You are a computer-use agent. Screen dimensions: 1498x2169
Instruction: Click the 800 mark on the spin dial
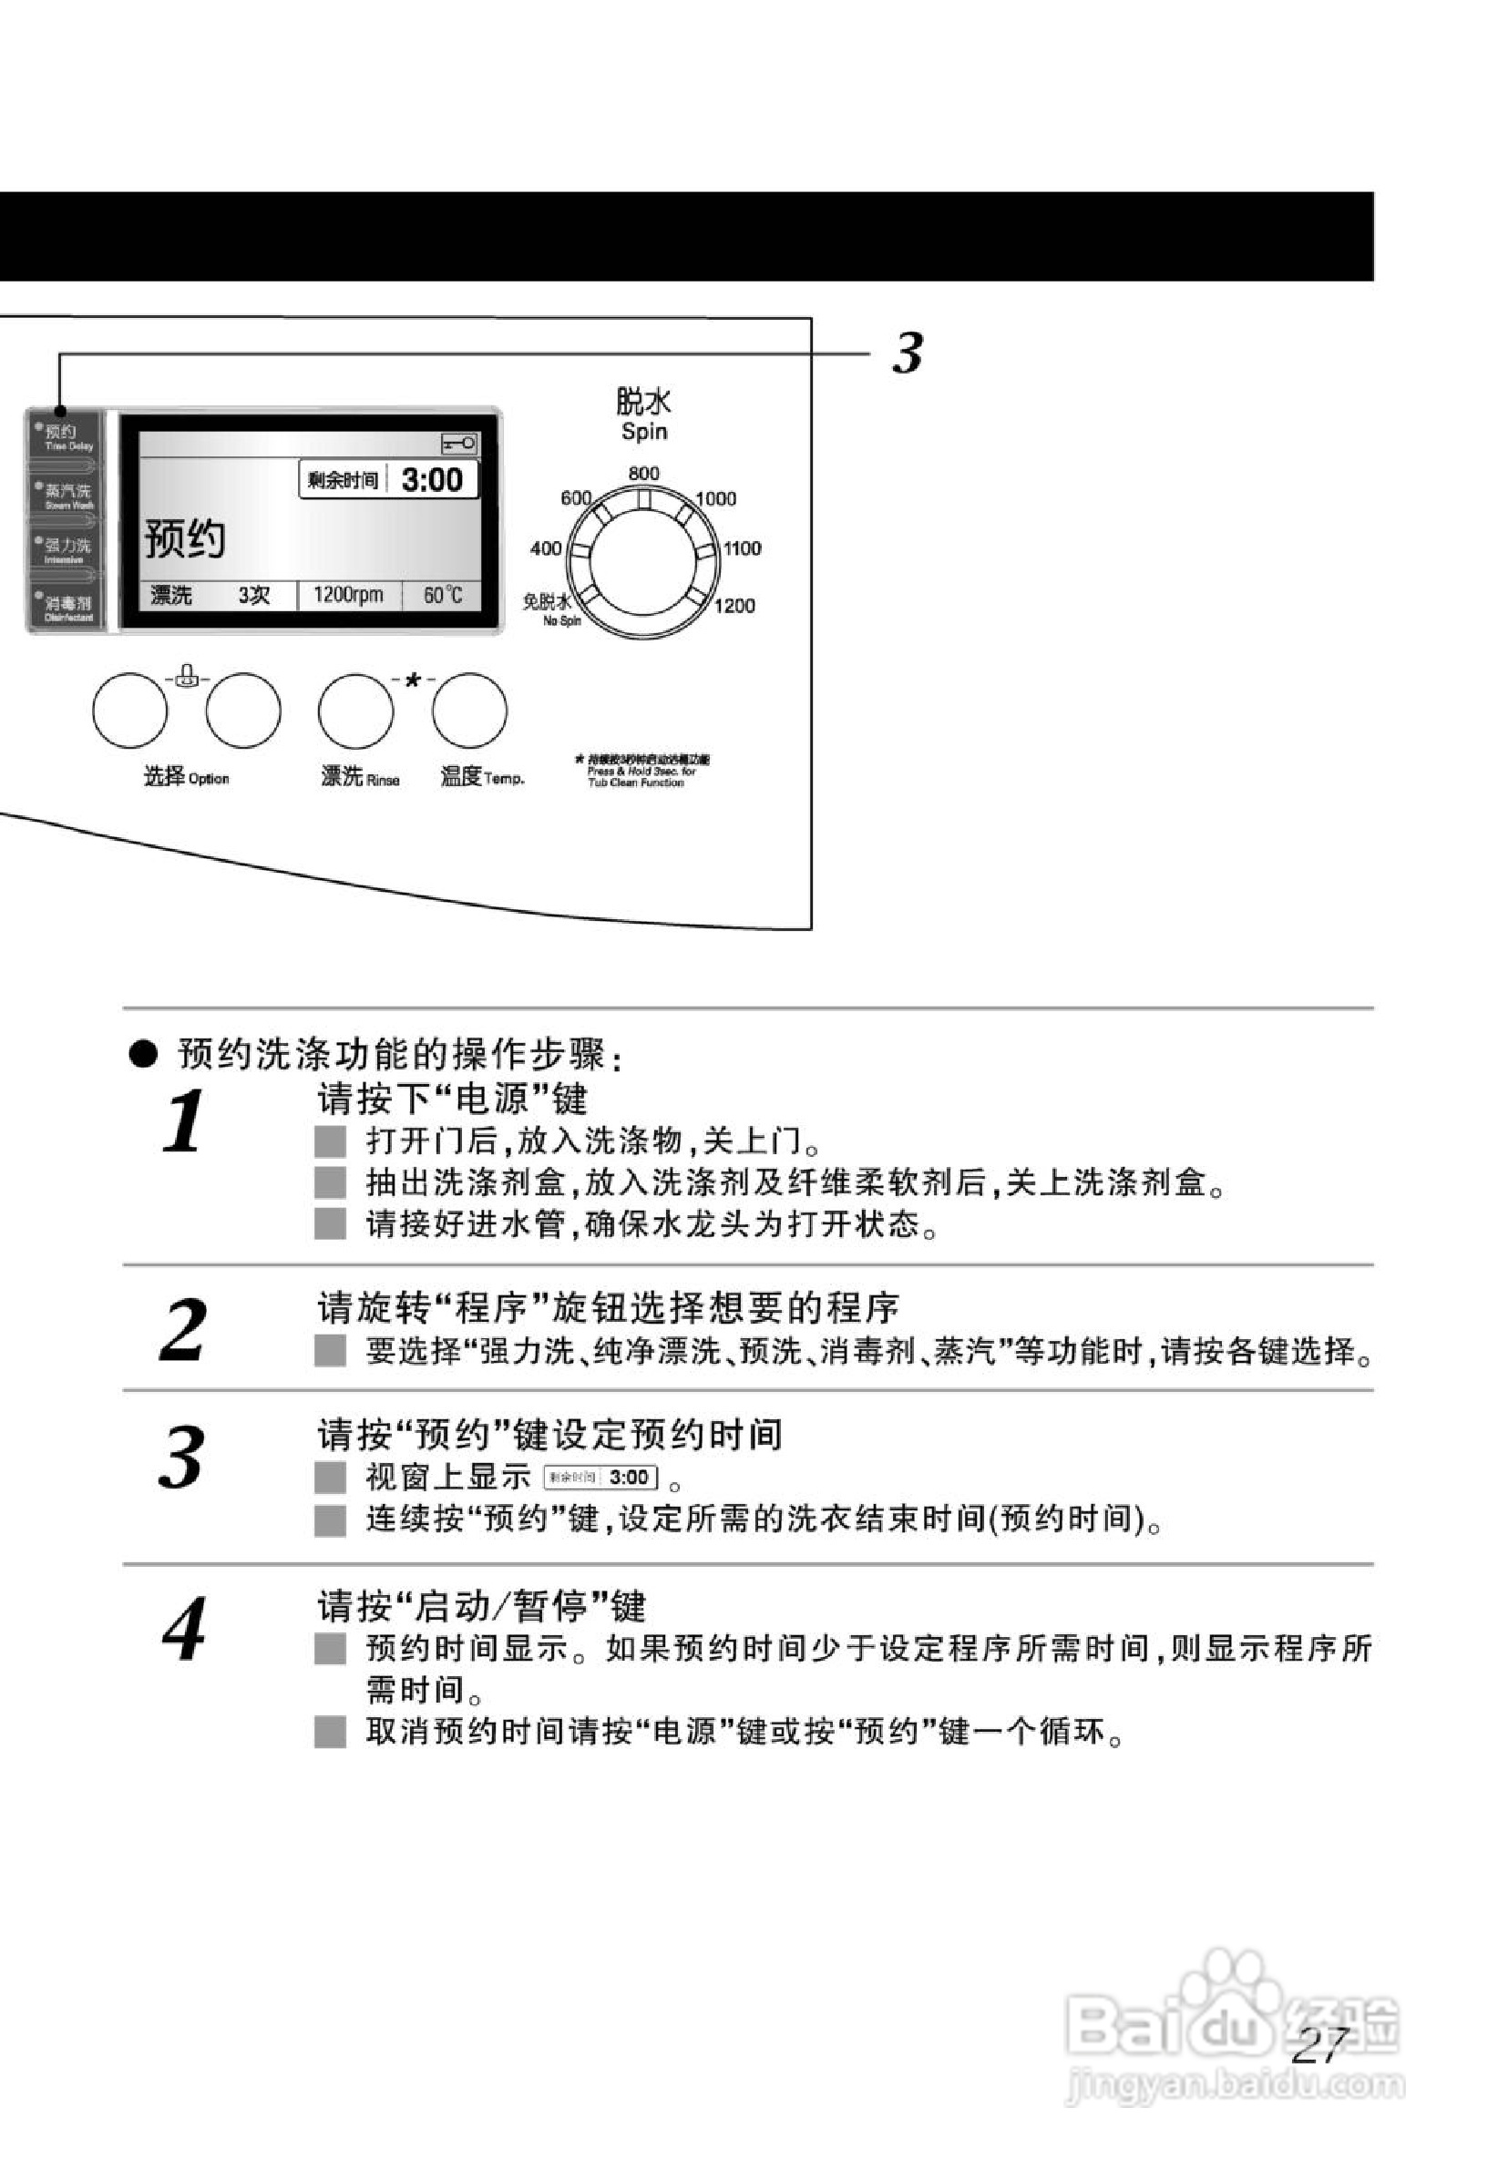click(x=643, y=474)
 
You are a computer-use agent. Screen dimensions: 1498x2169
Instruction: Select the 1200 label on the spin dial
click(x=734, y=606)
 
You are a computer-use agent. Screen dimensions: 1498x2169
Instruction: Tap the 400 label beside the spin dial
click(x=545, y=547)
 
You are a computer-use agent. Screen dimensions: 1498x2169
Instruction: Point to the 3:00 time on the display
click(x=432, y=480)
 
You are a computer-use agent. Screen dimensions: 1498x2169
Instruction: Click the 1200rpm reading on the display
click(x=348, y=595)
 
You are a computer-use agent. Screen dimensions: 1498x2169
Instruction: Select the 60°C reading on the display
click(x=442, y=595)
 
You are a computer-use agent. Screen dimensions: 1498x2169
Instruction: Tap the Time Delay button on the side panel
click(x=65, y=436)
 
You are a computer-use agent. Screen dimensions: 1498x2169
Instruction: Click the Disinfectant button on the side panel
click(x=65, y=607)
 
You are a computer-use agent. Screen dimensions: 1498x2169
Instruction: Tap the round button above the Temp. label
click(x=469, y=711)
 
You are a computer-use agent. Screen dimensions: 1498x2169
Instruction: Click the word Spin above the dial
click(x=644, y=432)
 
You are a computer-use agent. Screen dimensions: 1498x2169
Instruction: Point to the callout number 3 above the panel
click(x=908, y=353)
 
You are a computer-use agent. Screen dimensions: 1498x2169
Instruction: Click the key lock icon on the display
click(x=459, y=443)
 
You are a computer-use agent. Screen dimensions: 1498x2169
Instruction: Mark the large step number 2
click(x=182, y=1329)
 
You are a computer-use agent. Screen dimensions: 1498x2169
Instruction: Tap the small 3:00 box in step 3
click(x=601, y=1478)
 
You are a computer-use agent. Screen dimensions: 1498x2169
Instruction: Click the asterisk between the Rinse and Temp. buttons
click(x=413, y=681)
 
